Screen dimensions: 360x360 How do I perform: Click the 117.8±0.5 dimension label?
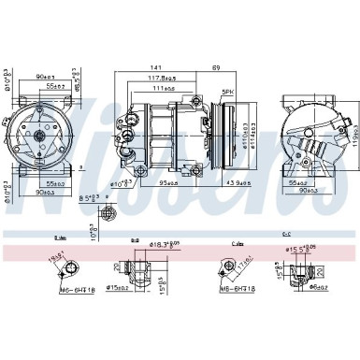point(176,79)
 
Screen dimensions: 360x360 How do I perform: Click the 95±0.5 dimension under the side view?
point(172,155)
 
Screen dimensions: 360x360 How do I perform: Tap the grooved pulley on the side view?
point(222,126)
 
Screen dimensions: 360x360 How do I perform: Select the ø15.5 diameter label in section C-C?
point(298,248)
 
